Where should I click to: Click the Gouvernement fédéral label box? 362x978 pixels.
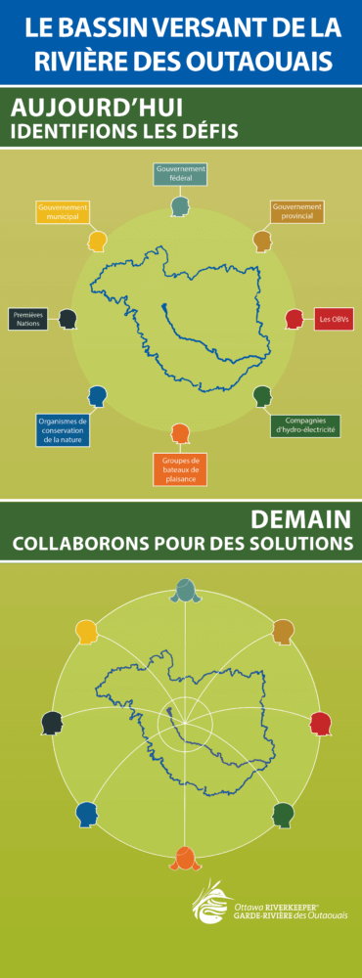(180, 174)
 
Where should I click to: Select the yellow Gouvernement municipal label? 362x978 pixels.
(63, 212)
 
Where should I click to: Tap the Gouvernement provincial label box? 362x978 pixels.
(296, 212)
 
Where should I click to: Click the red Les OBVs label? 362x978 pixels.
(334, 320)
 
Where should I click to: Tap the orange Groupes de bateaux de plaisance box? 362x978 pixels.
(180, 469)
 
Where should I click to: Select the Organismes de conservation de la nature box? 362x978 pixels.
(63, 430)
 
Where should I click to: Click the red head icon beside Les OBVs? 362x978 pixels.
(294, 319)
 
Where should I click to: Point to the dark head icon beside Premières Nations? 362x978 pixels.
(68, 319)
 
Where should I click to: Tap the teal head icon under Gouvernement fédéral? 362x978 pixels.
(180, 206)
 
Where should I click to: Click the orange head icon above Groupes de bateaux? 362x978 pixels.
(180, 431)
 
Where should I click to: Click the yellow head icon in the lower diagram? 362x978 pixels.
(87, 632)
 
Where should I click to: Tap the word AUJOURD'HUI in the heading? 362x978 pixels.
(97, 108)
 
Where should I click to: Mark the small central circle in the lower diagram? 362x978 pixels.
(185, 724)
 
